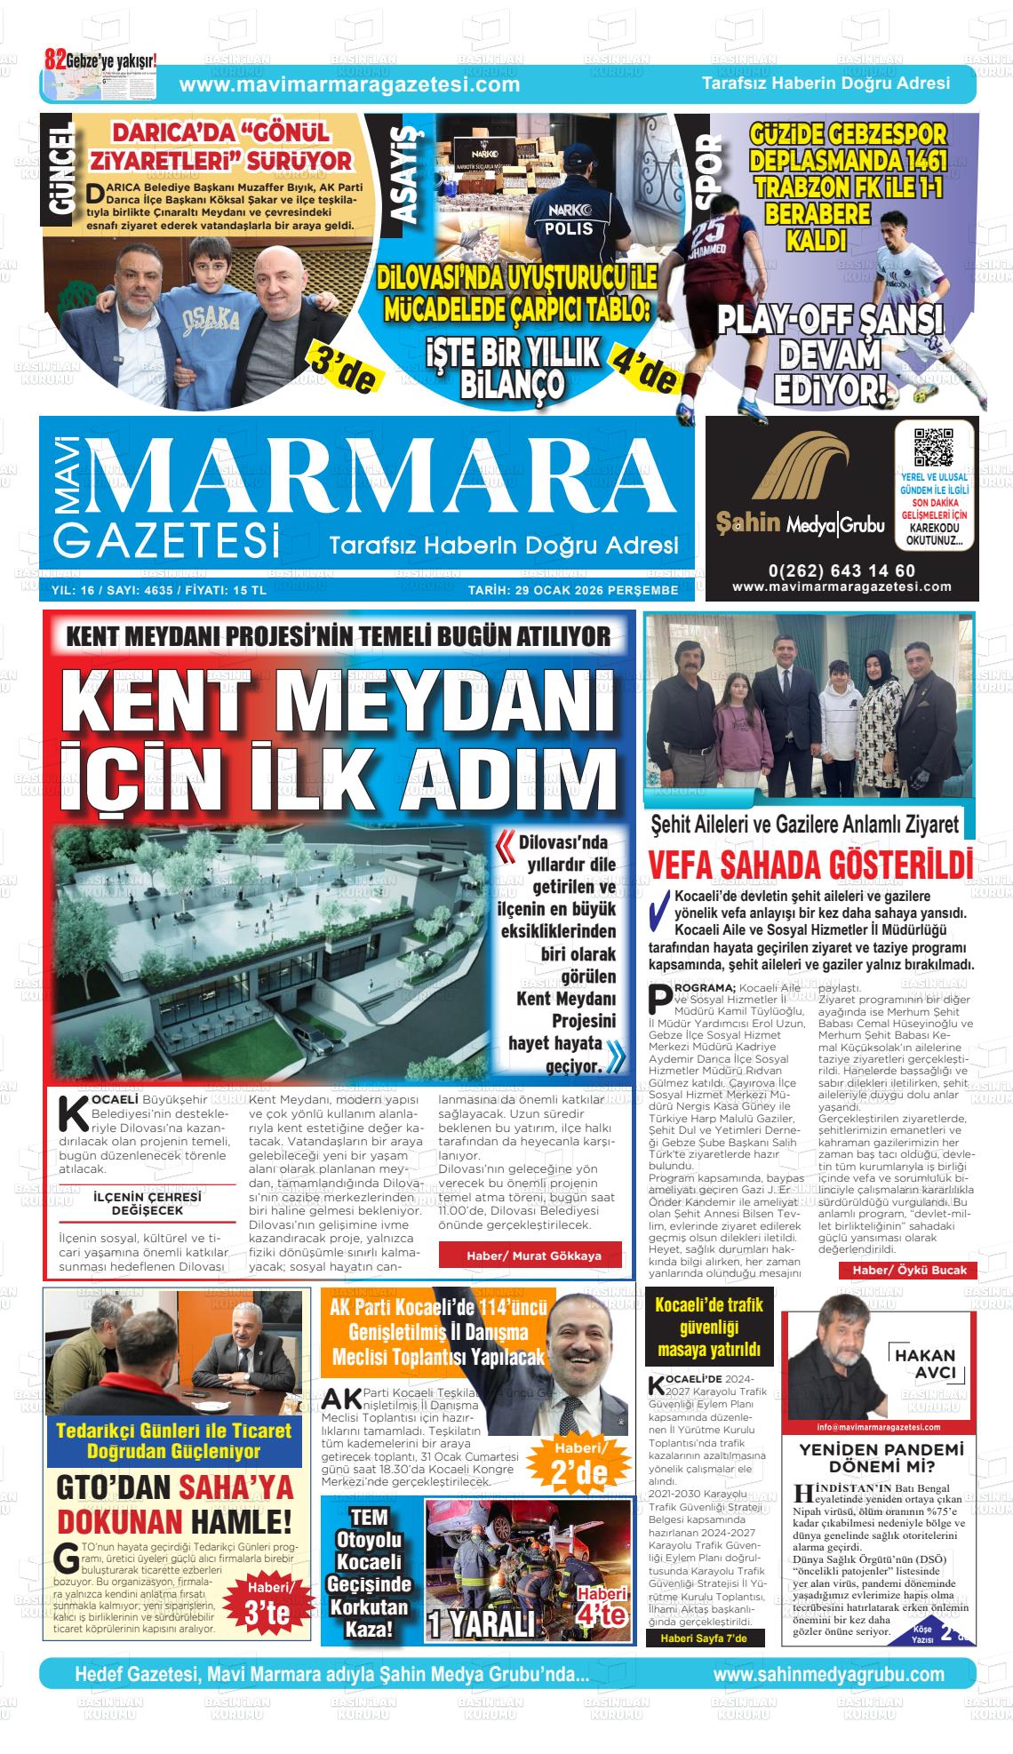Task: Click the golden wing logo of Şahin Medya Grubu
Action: pyautogui.click(x=797, y=472)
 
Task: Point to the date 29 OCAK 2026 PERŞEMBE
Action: pyautogui.click(x=573, y=591)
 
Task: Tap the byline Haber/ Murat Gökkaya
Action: pyautogui.click(x=533, y=1256)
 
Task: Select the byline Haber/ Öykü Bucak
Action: pyautogui.click(x=908, y=1270)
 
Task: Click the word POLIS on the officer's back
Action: pyautogui.click(x=568, y=228)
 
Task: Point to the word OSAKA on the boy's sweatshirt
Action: pyautogui.click(x=211, y=319)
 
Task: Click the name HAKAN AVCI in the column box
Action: pyautogui.click(x=924, y=1364)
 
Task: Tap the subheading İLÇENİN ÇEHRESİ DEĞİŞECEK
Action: pyautogui.click(x=147, y=1204)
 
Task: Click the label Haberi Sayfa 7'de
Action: pyautogui.click(x=697, y=1638)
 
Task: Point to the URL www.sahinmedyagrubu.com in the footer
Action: pyautogui.click(x=828, y=1674)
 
